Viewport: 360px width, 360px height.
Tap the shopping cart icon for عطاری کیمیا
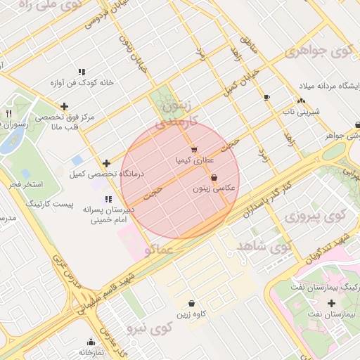[x=193, y=149]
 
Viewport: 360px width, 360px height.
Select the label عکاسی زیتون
[x=210, y=189]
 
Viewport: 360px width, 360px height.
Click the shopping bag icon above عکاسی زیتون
[x=214, y=178]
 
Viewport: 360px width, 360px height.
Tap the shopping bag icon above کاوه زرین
[x=192, y=303]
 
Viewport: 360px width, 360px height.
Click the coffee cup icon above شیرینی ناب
[x=266, y=97]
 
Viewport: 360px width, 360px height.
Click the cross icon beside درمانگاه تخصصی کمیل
[x=105, y=163]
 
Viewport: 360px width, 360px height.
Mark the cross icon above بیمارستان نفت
[x=332, y=303]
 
